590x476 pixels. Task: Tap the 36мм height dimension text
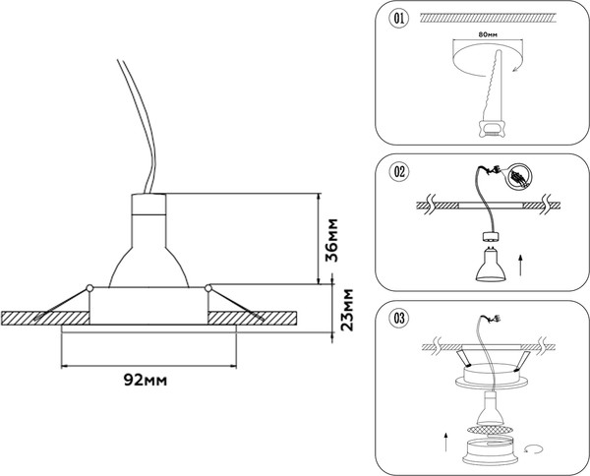pos(334,239)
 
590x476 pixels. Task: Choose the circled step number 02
pos(398,173)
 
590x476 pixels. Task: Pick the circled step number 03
pos(398,318)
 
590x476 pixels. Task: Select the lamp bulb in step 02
pos(487,263)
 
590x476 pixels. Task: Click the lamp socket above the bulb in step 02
pos(487,239)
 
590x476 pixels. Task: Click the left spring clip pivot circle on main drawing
pos(88,287)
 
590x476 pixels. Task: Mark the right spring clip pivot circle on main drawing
pos(208,287)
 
